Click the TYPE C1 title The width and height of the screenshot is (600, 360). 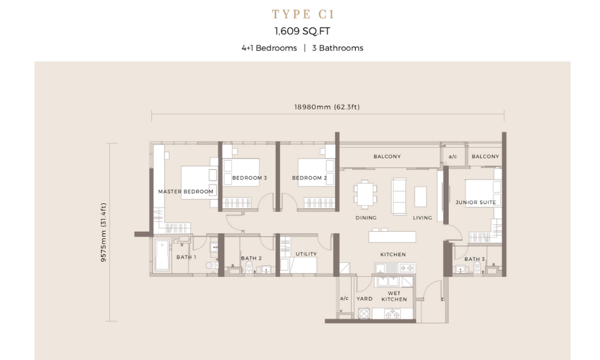click(x=303, y=14)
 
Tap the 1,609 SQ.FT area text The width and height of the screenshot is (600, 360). click(x=302, y=31)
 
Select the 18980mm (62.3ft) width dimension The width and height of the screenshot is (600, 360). click(x=327, y=107)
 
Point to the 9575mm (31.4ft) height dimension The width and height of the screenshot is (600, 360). click(x=103, y=232)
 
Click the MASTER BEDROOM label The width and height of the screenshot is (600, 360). click(x=186, y=191)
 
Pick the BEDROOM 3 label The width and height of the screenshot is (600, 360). click(x=250, y=178)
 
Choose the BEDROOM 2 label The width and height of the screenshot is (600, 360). click(x=310, y=178)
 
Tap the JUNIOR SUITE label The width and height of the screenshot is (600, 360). click(x=476, y=202)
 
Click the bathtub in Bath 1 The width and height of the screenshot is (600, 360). click(x=162, y=256)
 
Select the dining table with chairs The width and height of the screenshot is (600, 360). click(x=365, y=194)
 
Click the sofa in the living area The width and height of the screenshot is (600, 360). click(x=399, y=196)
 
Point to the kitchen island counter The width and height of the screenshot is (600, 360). click(x=392, y=236)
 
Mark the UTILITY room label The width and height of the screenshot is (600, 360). click(x=306, y=254)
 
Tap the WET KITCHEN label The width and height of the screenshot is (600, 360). click(x=394, y=296)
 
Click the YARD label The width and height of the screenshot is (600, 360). click(x=364, y=299)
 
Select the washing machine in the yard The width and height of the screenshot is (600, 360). click(x=364, y=314)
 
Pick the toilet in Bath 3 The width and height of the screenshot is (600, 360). click(x=477, y=267)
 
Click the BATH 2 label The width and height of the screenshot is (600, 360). click(x=251, y=259)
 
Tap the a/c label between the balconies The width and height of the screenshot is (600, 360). click(x=452, y=157)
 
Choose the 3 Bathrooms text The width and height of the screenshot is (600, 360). click(x=337, y=48)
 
